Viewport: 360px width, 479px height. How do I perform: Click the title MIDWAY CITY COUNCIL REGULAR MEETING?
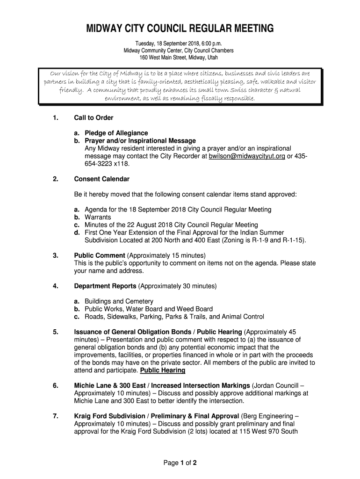pyautogui.click(x=180, y=29)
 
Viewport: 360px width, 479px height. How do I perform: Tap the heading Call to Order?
pyautogui.click(x=94, y=117)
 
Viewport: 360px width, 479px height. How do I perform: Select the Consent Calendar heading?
pyautogui.click(x=101, y=179)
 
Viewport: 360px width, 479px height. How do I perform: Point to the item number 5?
pyautogui.click(x=55, y=332)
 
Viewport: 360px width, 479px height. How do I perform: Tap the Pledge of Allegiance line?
pyautogui.click(x=116, y=133)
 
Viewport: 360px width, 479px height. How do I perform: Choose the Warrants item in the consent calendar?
pyautogui.click(x=98, y=218)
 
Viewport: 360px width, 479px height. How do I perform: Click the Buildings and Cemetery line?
pyautogui.click(x=119, y=301)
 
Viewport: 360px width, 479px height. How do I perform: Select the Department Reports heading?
pyautogui.click(x=105, y=286)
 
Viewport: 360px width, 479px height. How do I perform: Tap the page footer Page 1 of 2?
pyautogui.click(x=180, y=463)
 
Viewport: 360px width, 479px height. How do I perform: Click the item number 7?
pyautogui.click(x=55, y=415)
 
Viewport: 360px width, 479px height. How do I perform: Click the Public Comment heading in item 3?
pyautogui.click(x=99, y=255)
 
